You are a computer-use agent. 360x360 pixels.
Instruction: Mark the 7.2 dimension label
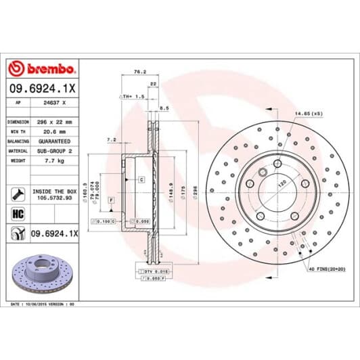click(x=112, y=139)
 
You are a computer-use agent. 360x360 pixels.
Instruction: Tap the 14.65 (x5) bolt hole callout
click(x=309, y=114)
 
